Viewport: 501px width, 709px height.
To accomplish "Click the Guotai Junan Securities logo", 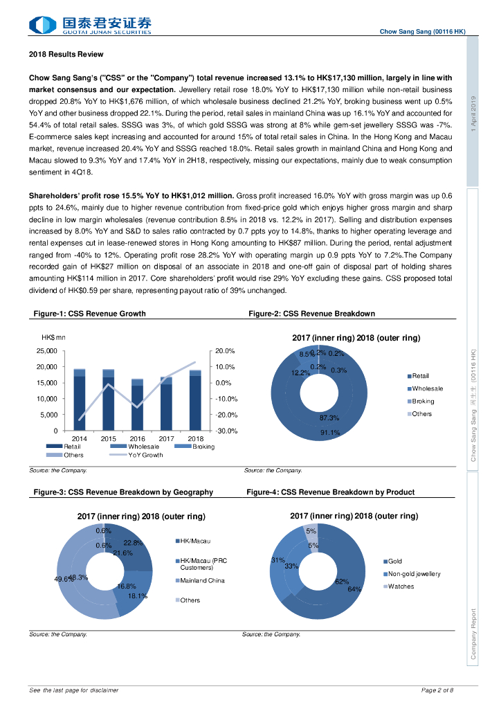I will click(x=90, y=26).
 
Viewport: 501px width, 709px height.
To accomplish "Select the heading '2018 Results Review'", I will click(x=66, y=54).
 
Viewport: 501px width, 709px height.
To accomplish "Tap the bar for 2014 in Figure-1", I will click(x=80, y=402).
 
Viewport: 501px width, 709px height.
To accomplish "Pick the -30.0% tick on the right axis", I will click(x=226, y=431).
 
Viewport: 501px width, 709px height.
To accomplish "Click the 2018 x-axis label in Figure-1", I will click(x=196, y=438).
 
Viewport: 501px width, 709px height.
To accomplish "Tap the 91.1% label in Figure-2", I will click(x=329, y=433).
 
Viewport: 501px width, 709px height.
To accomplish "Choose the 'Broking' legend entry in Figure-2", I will click(x=423, y=402).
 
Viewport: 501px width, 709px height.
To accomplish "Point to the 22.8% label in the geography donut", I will click(x=133, y=543).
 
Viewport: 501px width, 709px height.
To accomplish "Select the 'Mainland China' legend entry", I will click(x=202, y=580).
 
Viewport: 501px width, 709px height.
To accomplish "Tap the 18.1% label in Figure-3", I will click(x=138, y=595).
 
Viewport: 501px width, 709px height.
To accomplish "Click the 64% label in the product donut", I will click(x=354, y=589).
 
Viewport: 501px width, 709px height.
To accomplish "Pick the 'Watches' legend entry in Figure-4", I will click(x=401, y=586).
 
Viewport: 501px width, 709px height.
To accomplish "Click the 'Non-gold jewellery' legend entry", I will click(x=414, y=574).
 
